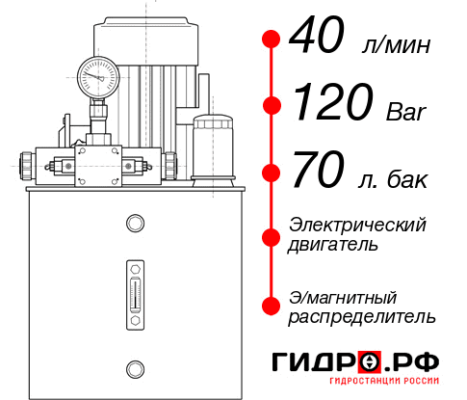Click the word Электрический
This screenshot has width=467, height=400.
[x=357, y=226]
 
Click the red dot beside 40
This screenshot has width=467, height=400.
[x=272, y=40]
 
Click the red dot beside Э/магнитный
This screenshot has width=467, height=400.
[x=272, y=305]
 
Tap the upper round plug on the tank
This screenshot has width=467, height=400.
[x=134, y=224]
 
